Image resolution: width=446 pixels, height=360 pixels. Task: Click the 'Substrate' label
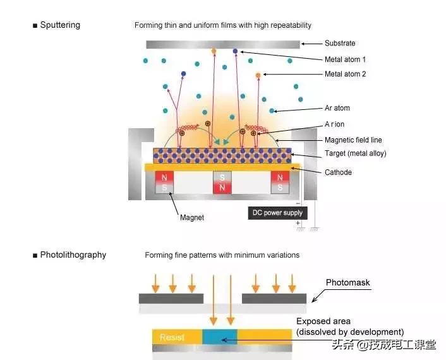[x=340, y=44]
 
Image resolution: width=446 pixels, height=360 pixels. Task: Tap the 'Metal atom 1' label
[x=346, y=59]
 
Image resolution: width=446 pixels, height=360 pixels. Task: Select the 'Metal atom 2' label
[x=346, y=75]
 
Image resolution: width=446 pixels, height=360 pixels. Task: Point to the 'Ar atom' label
[x=337, y=108]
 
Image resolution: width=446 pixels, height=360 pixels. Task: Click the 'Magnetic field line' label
[x=353, y=140]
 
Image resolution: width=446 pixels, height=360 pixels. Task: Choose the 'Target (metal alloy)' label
[x=355, y=154]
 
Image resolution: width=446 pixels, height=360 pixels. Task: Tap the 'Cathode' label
[x=338, y=172]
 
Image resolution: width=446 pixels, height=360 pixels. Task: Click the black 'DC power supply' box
[x=277, y=213]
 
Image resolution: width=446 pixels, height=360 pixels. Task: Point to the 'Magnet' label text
[x=192, y=217]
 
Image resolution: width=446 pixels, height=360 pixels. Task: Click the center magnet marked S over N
[x=221, y=183]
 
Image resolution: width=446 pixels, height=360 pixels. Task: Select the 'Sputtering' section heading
[x=60, y=25]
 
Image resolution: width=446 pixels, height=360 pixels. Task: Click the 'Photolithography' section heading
[x=73, y=255]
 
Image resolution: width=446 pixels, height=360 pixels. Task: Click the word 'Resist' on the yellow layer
[x=172, y=337]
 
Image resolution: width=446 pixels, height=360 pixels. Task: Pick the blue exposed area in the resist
[x=219, y=337]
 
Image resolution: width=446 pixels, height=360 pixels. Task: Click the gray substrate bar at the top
[x=222, y=44]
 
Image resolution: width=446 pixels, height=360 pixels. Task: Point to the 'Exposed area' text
[x=323, y=321]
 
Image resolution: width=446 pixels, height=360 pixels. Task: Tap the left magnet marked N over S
[x=164, y=183]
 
